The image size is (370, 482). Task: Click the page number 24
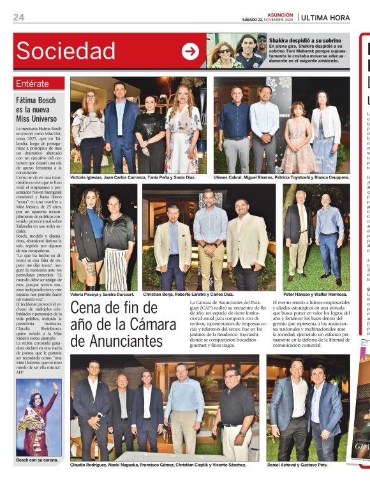click(x=18, y=17)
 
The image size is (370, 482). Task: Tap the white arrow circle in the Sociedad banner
click(x=190, y=51)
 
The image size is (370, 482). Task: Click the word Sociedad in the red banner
click(x=66, y=51)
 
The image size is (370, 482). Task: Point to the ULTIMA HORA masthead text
click(x=334, y=17)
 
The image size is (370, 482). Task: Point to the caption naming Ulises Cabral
click(x=281, y=178)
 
